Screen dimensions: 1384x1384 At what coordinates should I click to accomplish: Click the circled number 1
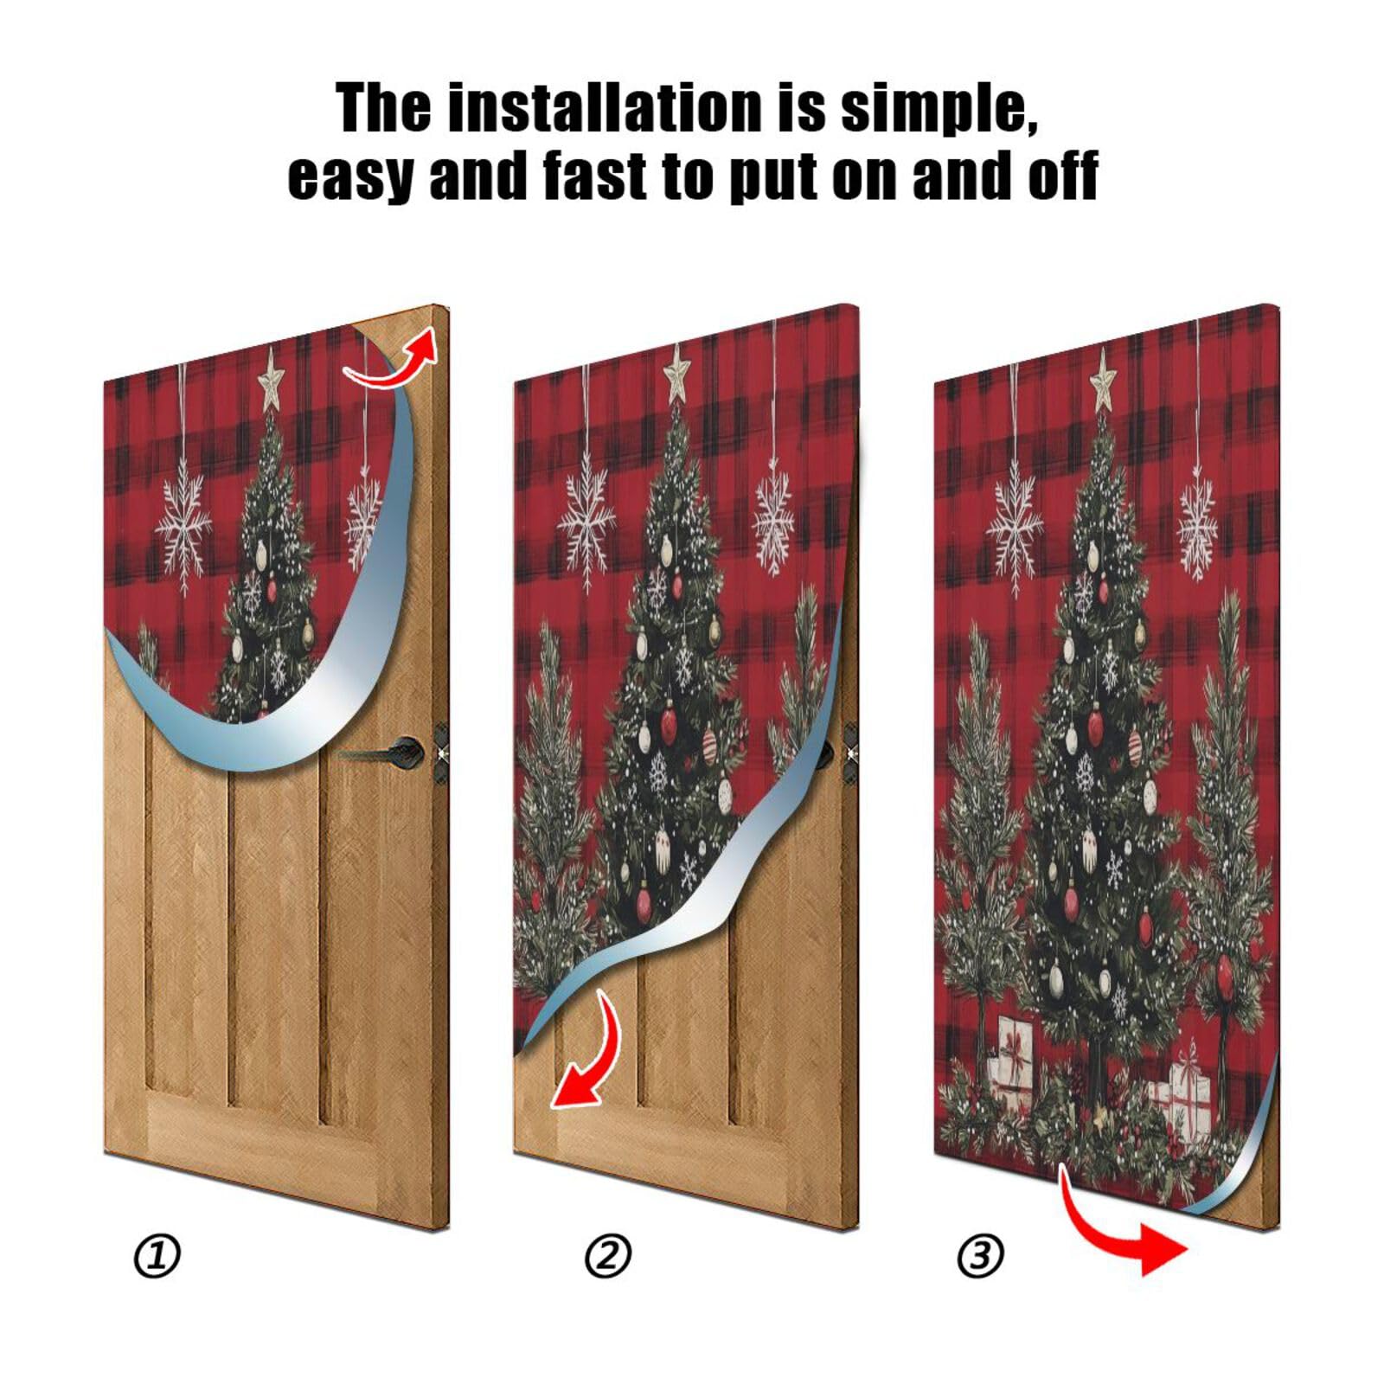157,1256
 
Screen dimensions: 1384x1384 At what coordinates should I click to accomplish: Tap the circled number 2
608,1256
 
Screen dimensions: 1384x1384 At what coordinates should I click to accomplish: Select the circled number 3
980,1256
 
